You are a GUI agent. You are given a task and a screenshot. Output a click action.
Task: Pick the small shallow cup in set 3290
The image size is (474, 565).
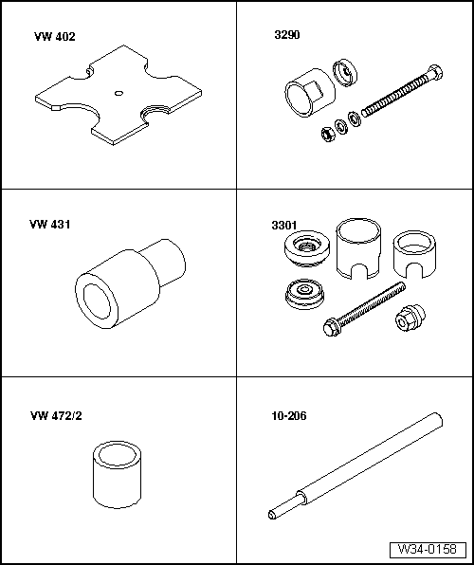[x=345, y=74]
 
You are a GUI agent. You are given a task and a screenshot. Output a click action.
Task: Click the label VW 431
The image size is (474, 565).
[x=52, y=225]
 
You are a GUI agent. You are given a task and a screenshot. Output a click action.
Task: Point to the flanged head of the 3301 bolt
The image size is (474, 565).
[x=333, y=328]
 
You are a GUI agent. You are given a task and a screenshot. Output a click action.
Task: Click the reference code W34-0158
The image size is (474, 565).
[x=427, y=549]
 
